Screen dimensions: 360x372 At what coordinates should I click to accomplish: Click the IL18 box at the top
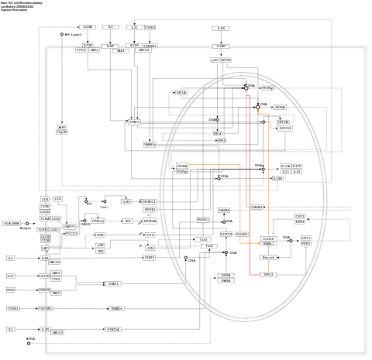coord(221,28)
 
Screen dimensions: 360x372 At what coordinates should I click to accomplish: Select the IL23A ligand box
coord(88,27)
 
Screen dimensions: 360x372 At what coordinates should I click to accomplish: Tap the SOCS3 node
coord(285,128)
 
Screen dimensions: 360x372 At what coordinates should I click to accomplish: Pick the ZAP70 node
coord(70,225)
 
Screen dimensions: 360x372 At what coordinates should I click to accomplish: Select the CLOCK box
coord(268,238)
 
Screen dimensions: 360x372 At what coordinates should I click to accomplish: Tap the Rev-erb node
coord(268,257)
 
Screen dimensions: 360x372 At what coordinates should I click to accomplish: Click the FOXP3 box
coord(226,234)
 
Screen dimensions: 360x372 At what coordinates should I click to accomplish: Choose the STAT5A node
coord(112,329)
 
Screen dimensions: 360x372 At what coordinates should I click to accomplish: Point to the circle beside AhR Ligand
coord(61,35)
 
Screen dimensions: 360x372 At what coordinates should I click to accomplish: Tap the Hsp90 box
coord(62,132)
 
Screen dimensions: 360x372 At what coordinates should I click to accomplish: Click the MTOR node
coord(226,60)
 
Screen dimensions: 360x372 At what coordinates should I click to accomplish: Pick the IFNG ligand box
coord(11,290)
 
